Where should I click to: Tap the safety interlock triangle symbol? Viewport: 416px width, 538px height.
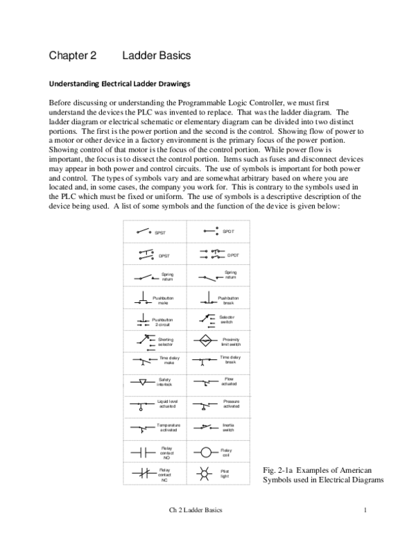click(143, 381)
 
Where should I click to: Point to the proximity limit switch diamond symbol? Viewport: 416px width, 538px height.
click(206, 341)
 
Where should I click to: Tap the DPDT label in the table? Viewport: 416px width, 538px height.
click(232, 254)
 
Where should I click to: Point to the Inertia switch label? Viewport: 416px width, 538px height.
click(228, 426)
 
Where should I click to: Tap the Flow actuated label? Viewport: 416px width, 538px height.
click(229, 381)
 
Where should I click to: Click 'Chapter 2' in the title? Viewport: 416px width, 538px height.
click(73, 54)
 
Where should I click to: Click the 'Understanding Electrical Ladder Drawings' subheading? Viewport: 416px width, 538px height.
click(119, 85)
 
